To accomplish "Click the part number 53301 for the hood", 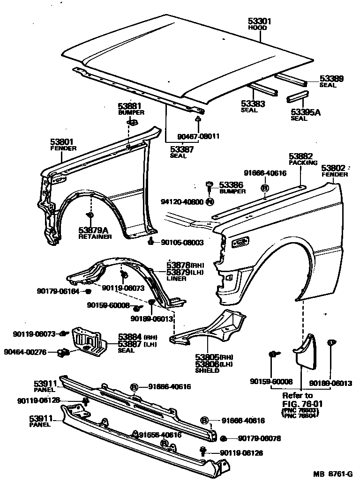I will [259, 22].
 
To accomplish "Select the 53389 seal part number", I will [331, 79].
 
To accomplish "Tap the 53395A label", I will [305, 112].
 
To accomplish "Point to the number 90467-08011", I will [198, 137].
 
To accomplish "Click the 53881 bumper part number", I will [129, 106].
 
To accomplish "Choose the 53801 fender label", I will [62, 141].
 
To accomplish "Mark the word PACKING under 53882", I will [303, 163].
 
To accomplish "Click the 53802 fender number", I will [333, 168].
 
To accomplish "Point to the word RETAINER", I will [95, 237].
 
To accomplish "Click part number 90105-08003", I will [182, 242].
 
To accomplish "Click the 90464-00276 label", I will [25, 352].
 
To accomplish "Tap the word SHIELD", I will [207, 370].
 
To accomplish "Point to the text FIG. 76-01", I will [303, 403].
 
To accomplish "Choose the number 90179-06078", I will [259, 439].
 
